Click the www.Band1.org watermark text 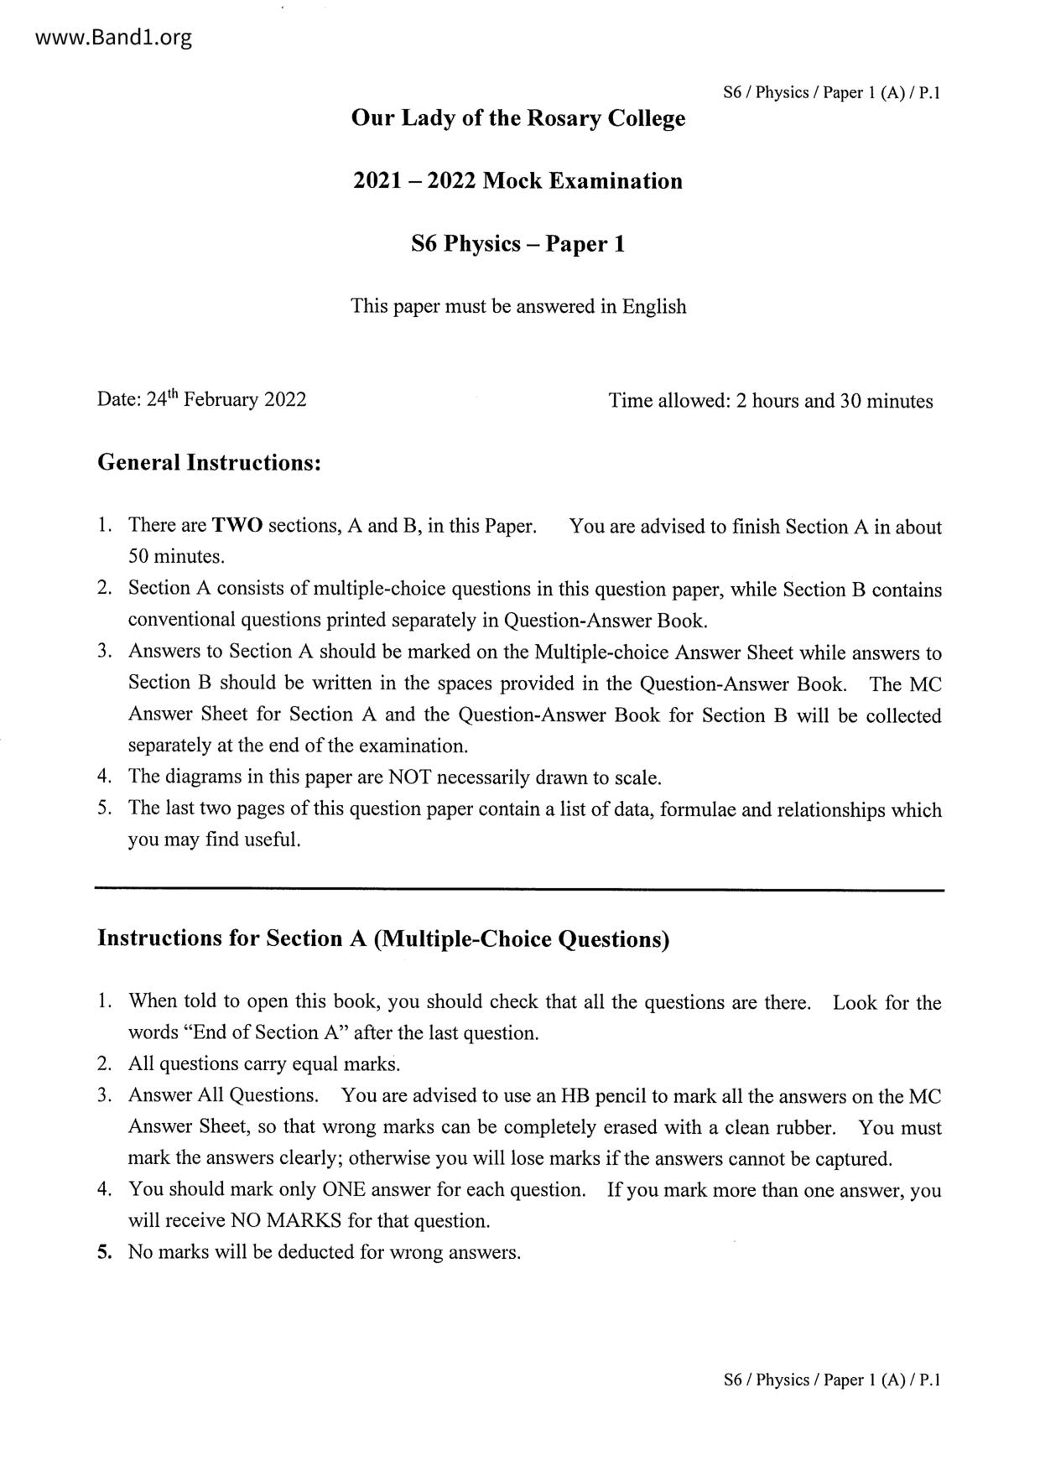coord(102,38)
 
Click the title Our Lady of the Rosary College coord(517,118)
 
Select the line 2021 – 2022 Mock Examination coord(517,181)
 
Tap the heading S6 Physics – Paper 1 coord(517,244)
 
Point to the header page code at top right coord(831,93)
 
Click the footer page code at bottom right coord(831,1380)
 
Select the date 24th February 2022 coord(226,399)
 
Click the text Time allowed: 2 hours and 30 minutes coord(770,401)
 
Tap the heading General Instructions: coord(210,462)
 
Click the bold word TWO coord(237,526)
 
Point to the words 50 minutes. coord(176,557)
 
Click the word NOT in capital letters coord(410,777)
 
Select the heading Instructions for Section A coord(383,938)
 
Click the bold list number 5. coord(104,1253)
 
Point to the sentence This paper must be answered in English coord(517,306)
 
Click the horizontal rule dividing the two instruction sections coord(519,889)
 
